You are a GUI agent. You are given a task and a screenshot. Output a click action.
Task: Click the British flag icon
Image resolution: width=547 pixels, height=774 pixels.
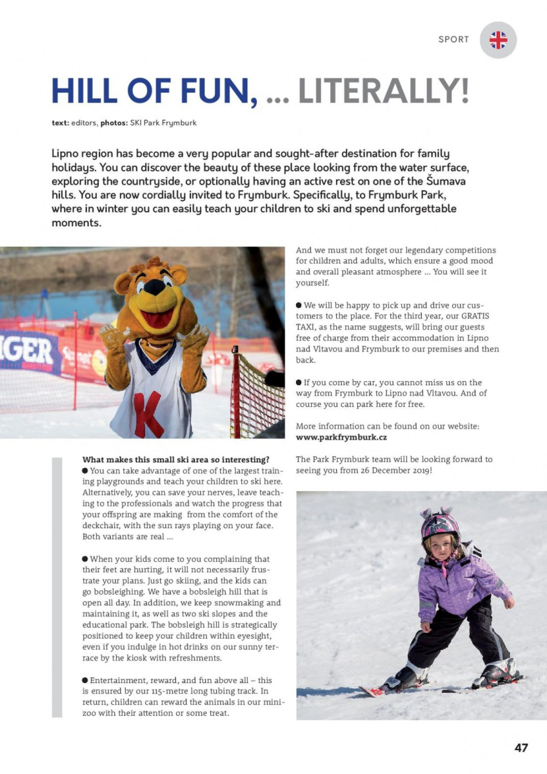coord(498,40)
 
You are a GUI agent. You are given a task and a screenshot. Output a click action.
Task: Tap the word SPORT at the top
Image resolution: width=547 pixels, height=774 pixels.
coord(453,39)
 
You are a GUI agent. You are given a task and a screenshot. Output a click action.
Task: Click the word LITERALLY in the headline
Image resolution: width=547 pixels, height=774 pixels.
coord(383,92)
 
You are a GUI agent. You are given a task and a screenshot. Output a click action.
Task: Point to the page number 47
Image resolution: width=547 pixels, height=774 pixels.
coord(521,748)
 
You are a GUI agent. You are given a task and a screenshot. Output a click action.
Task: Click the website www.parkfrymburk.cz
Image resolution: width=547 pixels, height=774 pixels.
coord(341,437)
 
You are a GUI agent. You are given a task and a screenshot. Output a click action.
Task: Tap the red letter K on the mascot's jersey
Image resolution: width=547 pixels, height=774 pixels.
coord(150,412)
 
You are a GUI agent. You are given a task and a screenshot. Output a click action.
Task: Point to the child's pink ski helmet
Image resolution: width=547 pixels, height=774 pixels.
coord(440,525)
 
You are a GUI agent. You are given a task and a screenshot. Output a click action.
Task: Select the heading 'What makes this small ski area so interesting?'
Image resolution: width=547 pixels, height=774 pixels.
coord(175,460)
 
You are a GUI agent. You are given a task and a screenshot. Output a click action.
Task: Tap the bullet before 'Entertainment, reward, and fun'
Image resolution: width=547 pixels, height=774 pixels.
coord(85,680)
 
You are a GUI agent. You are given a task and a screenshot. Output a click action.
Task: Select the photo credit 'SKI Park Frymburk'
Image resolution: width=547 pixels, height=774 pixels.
coord(163,123)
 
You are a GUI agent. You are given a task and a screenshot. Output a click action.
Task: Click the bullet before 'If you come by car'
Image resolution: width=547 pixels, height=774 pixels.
coord(299,383)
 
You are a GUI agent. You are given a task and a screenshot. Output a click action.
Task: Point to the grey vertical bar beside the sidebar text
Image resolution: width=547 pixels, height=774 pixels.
coord(57,587)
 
